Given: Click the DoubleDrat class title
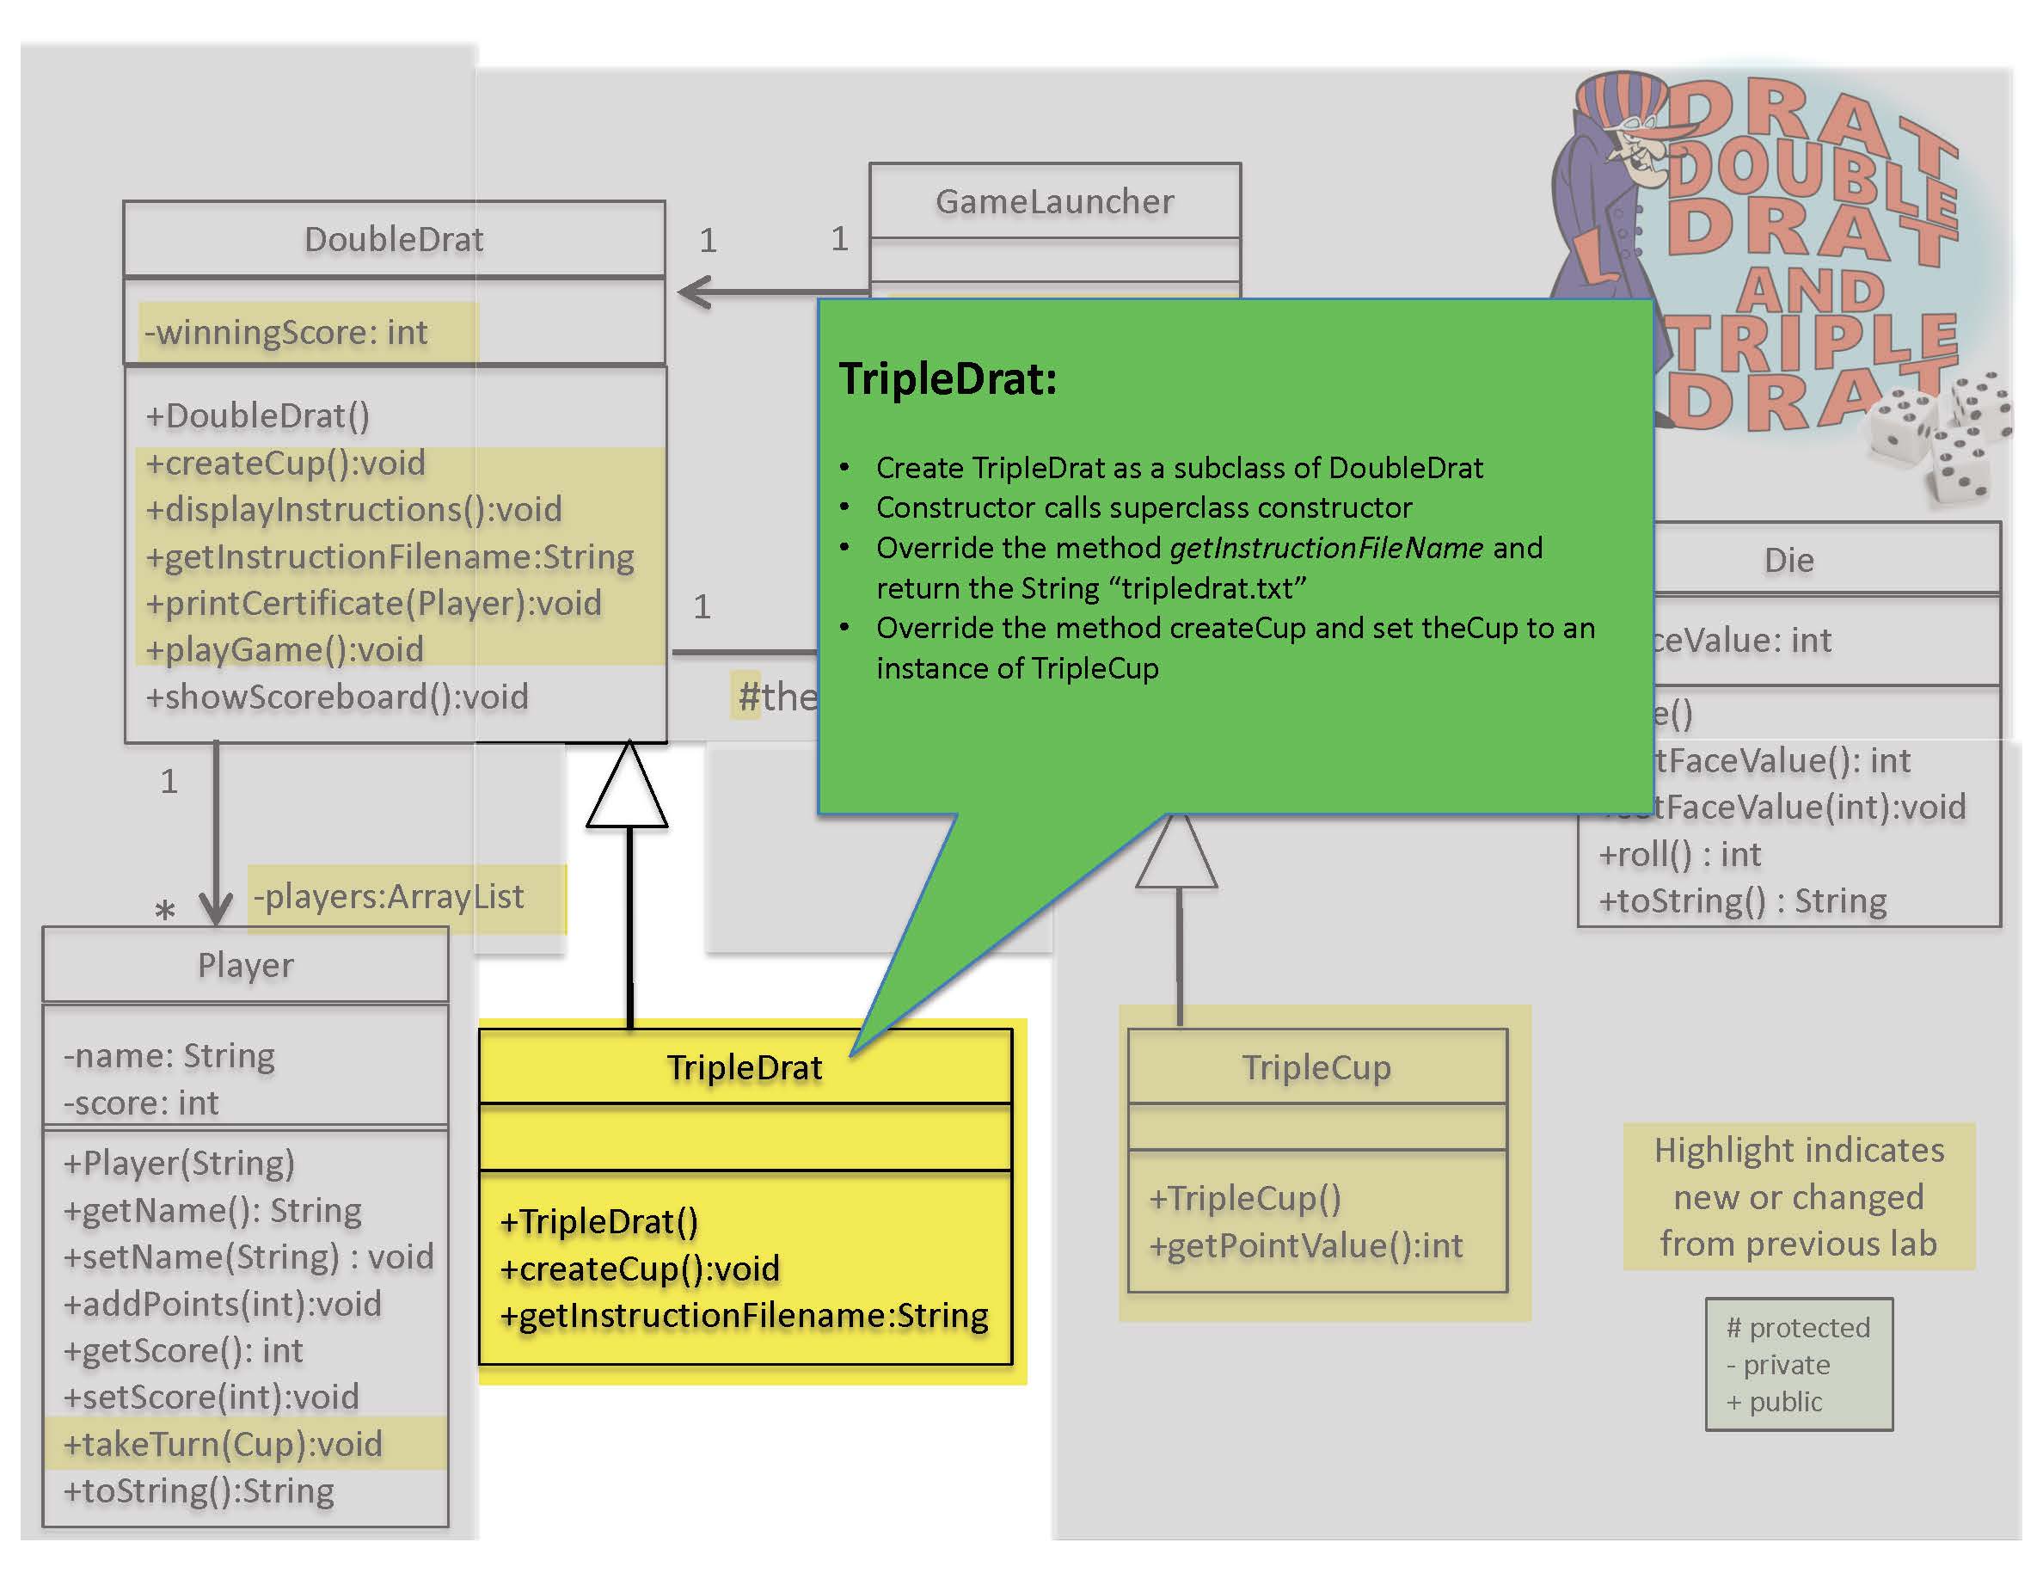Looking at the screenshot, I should click(394, 239).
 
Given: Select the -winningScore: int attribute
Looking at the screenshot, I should click(286, 332).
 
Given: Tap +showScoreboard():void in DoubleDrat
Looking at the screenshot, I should click(337, 697).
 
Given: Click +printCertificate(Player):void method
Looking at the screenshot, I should click(373, 604).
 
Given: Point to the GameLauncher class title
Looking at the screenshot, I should click(1054, 201).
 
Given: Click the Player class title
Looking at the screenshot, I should click(245, 964).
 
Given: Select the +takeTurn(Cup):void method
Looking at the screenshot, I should click(223, 1444).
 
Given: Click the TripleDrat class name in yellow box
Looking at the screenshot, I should click(745, 1067).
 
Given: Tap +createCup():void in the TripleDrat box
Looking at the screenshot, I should click(640, 1269).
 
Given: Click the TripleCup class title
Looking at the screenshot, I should click(1316, 1067).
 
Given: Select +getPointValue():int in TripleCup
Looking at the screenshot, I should click(1306, 1246).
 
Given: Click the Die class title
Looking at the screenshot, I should click(1788, 561).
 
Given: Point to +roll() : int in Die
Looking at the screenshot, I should click(1679, 854).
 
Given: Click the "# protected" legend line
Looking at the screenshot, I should click(1798, 1327).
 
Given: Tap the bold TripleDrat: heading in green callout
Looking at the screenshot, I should click(948, 380).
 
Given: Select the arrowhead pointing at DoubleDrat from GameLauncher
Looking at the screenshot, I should click(694, 292).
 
